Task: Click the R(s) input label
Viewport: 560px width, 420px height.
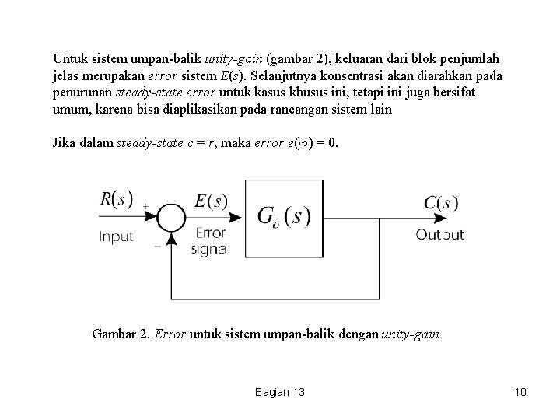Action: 117,199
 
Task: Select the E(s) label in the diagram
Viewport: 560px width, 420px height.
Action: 211,201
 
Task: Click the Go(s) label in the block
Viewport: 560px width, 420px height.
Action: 284,217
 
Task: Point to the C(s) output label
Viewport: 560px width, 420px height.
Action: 440,203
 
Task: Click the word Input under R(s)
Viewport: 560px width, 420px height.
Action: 116,236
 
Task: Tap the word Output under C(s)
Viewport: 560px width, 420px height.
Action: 439,234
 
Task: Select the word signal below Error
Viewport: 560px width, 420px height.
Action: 210,249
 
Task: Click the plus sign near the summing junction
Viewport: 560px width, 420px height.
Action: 147,207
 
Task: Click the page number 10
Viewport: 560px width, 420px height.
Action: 520,392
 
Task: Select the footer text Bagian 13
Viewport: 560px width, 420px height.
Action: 279,392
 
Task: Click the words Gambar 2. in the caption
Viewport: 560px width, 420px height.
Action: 121,334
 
